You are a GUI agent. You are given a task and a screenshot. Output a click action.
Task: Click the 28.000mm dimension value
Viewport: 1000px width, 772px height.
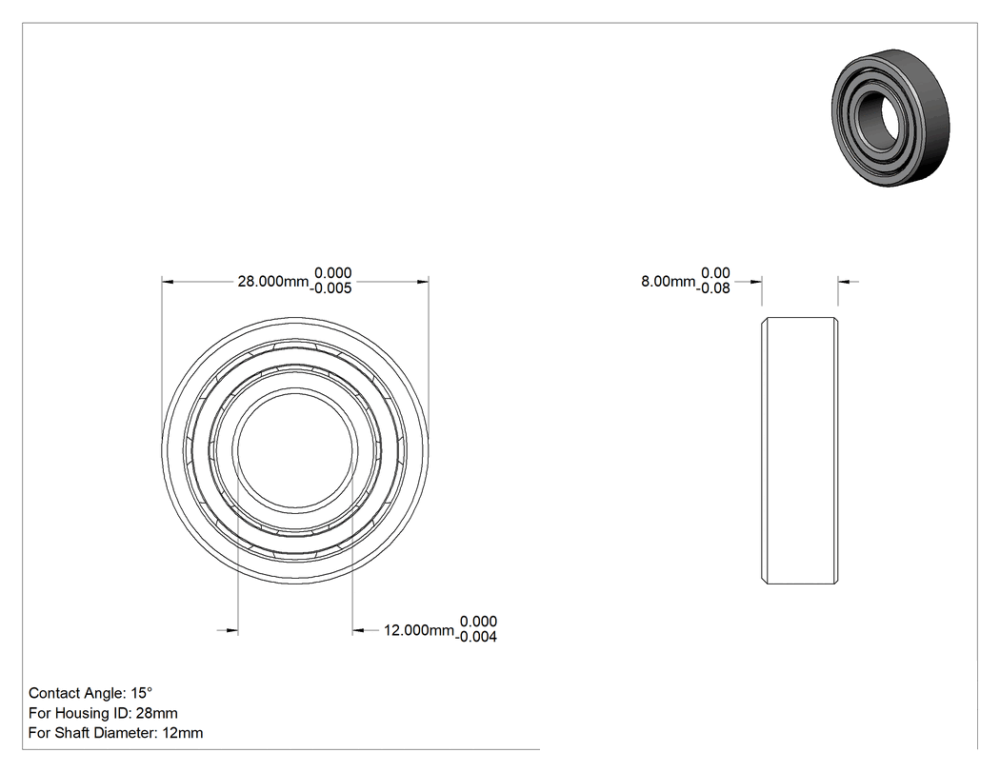pos(273,281)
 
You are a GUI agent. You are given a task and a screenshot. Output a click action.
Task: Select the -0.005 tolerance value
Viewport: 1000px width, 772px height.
pos(331,288)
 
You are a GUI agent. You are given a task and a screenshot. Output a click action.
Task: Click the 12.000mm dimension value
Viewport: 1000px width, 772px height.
pos(418,630)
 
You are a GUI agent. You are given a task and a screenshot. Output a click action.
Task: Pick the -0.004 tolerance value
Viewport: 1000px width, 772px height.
pos(476,636)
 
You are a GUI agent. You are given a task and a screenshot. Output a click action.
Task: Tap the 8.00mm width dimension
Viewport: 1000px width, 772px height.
pos(668,281)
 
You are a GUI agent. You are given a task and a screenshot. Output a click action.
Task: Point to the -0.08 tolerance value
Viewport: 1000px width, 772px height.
pos(713,288)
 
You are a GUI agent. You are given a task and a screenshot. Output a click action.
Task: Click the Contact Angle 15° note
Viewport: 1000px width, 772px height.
pos(90,693)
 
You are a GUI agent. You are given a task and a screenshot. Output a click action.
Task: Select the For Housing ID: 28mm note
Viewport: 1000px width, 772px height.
pos(103,713)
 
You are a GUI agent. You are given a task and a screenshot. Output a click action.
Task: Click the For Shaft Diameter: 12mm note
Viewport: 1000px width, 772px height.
pos(115,732)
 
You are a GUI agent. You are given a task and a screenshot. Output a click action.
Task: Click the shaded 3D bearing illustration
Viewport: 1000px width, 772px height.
pos(890,118)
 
